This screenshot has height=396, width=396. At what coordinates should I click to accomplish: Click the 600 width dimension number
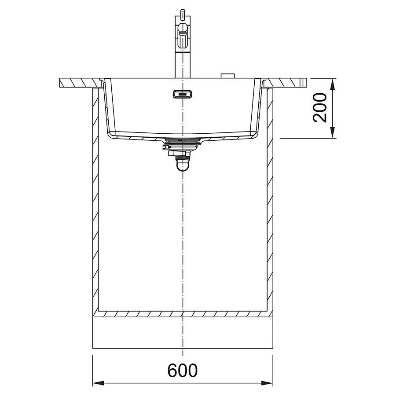(x=182, y=370)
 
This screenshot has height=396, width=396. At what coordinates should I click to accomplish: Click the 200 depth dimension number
(x=320, y=108)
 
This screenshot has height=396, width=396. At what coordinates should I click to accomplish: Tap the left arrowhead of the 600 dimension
(x=99, y=383)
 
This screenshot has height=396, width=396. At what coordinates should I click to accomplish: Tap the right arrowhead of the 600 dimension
(x=267, y=383)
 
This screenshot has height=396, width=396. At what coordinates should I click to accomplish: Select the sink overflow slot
(x=183, y=94)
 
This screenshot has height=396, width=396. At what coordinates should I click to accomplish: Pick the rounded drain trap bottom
(x=183, y=166)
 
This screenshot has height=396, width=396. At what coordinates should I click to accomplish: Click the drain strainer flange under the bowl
(x=183, y=140)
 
